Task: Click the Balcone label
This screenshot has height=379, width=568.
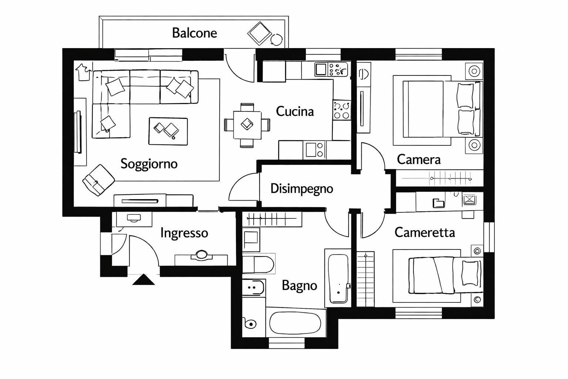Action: [x=195, y=33]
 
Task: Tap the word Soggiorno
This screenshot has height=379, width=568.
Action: [x=149, y=164]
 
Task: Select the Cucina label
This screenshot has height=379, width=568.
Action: [x=295, y=111]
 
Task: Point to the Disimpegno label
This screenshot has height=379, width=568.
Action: [x=301, y=188]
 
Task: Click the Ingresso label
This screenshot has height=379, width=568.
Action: [x=184, y=233]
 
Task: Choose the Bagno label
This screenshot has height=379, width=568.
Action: [x=299, y=285]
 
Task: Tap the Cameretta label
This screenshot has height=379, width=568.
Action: [x=425, y=232]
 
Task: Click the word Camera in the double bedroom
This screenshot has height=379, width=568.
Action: [x=419, y=160]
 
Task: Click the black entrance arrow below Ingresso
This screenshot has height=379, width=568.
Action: [x=143, y=280]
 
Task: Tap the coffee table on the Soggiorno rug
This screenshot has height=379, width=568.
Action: [x=168, y=131]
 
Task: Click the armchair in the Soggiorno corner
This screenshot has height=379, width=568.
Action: [x=98, y=180]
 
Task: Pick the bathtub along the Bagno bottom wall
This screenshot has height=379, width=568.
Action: [x=295, y=323]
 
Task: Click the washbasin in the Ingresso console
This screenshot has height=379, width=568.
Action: [x=201, y=255]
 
